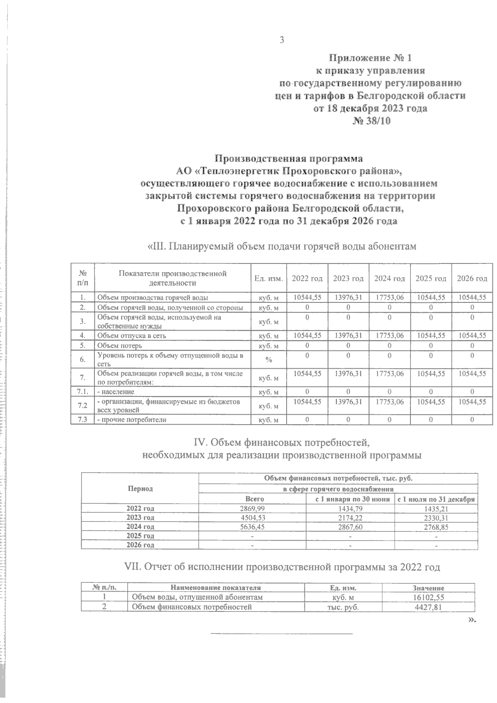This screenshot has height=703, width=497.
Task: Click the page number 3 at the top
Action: pyautogui.click(x=282, y=40)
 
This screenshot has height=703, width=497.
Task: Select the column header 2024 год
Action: pyautogui.click(x=389, y=278)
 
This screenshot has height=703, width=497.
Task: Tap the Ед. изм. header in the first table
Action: pyautogui.click(x=268, y=278)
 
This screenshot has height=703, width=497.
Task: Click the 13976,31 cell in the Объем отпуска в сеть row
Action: pyautogui.click(x=348, y=335)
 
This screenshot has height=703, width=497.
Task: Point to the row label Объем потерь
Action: pyautogui.click(x=120, y=345)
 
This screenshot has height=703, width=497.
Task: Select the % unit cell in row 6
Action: pyautogui.click(x=268, y=360)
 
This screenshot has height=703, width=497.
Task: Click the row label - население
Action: pyautogui.click(x=116, y=391)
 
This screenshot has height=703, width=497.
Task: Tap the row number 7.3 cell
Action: pyautogui.click(x=83, y=420)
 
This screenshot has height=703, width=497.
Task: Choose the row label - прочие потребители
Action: pyautogui.click(x=131, y=420)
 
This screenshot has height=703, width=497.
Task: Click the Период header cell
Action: pyautogui.click(x=140, y=488)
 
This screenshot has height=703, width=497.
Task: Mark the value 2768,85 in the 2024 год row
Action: pyautogui.click(x=436, y=527)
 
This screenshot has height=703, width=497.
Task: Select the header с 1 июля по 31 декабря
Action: pyautogui.click(x=436, y=499)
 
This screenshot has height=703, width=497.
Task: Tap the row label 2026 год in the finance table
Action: pyautogui.click(x=140, y=545)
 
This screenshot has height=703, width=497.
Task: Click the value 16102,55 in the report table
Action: pyautogui.click(x=428, y=597)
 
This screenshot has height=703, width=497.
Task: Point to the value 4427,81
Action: pyautogui.click(x=428, y=607)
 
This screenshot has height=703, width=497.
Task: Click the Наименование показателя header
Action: pyautogui.click(x=215, y=588)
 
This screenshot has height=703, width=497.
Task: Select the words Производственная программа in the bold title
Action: pyautogui.click(x=289, y=159)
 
